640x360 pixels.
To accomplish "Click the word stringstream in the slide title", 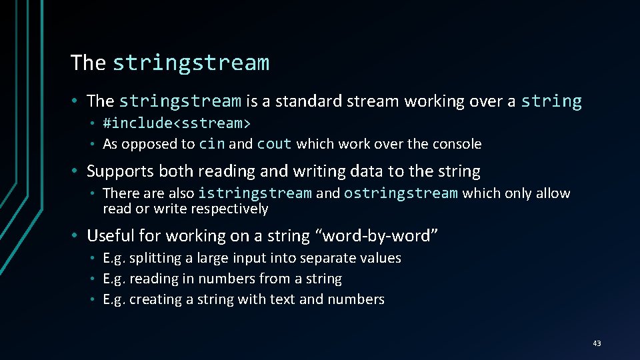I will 191,63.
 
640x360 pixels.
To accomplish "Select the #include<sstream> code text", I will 177,123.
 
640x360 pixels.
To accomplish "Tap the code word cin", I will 212,144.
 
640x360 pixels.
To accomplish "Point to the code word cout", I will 274,144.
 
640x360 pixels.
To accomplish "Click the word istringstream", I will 255,193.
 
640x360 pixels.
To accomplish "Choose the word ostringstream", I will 401,193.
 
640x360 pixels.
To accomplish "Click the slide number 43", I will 596,343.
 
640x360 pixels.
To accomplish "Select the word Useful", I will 110,236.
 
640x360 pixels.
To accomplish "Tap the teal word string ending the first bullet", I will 551,101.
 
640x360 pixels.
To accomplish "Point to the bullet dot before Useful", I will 77,236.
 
